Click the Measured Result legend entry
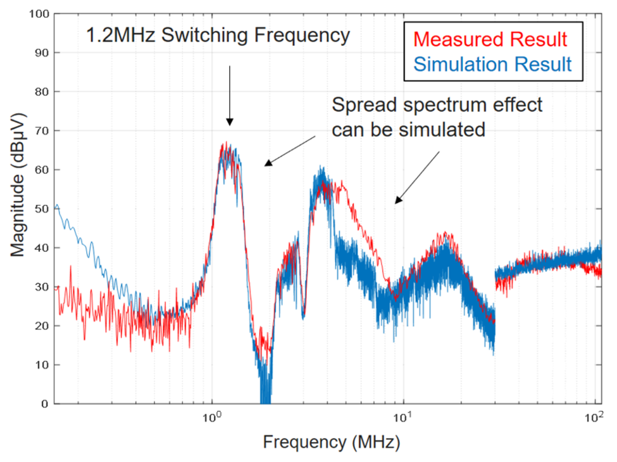click(x=492, y=39)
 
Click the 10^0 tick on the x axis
click(x=211, y=418)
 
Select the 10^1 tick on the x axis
click(x=402, y=418)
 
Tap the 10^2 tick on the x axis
click(x=592, y=418)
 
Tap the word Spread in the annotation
click(x=360, y=105)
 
